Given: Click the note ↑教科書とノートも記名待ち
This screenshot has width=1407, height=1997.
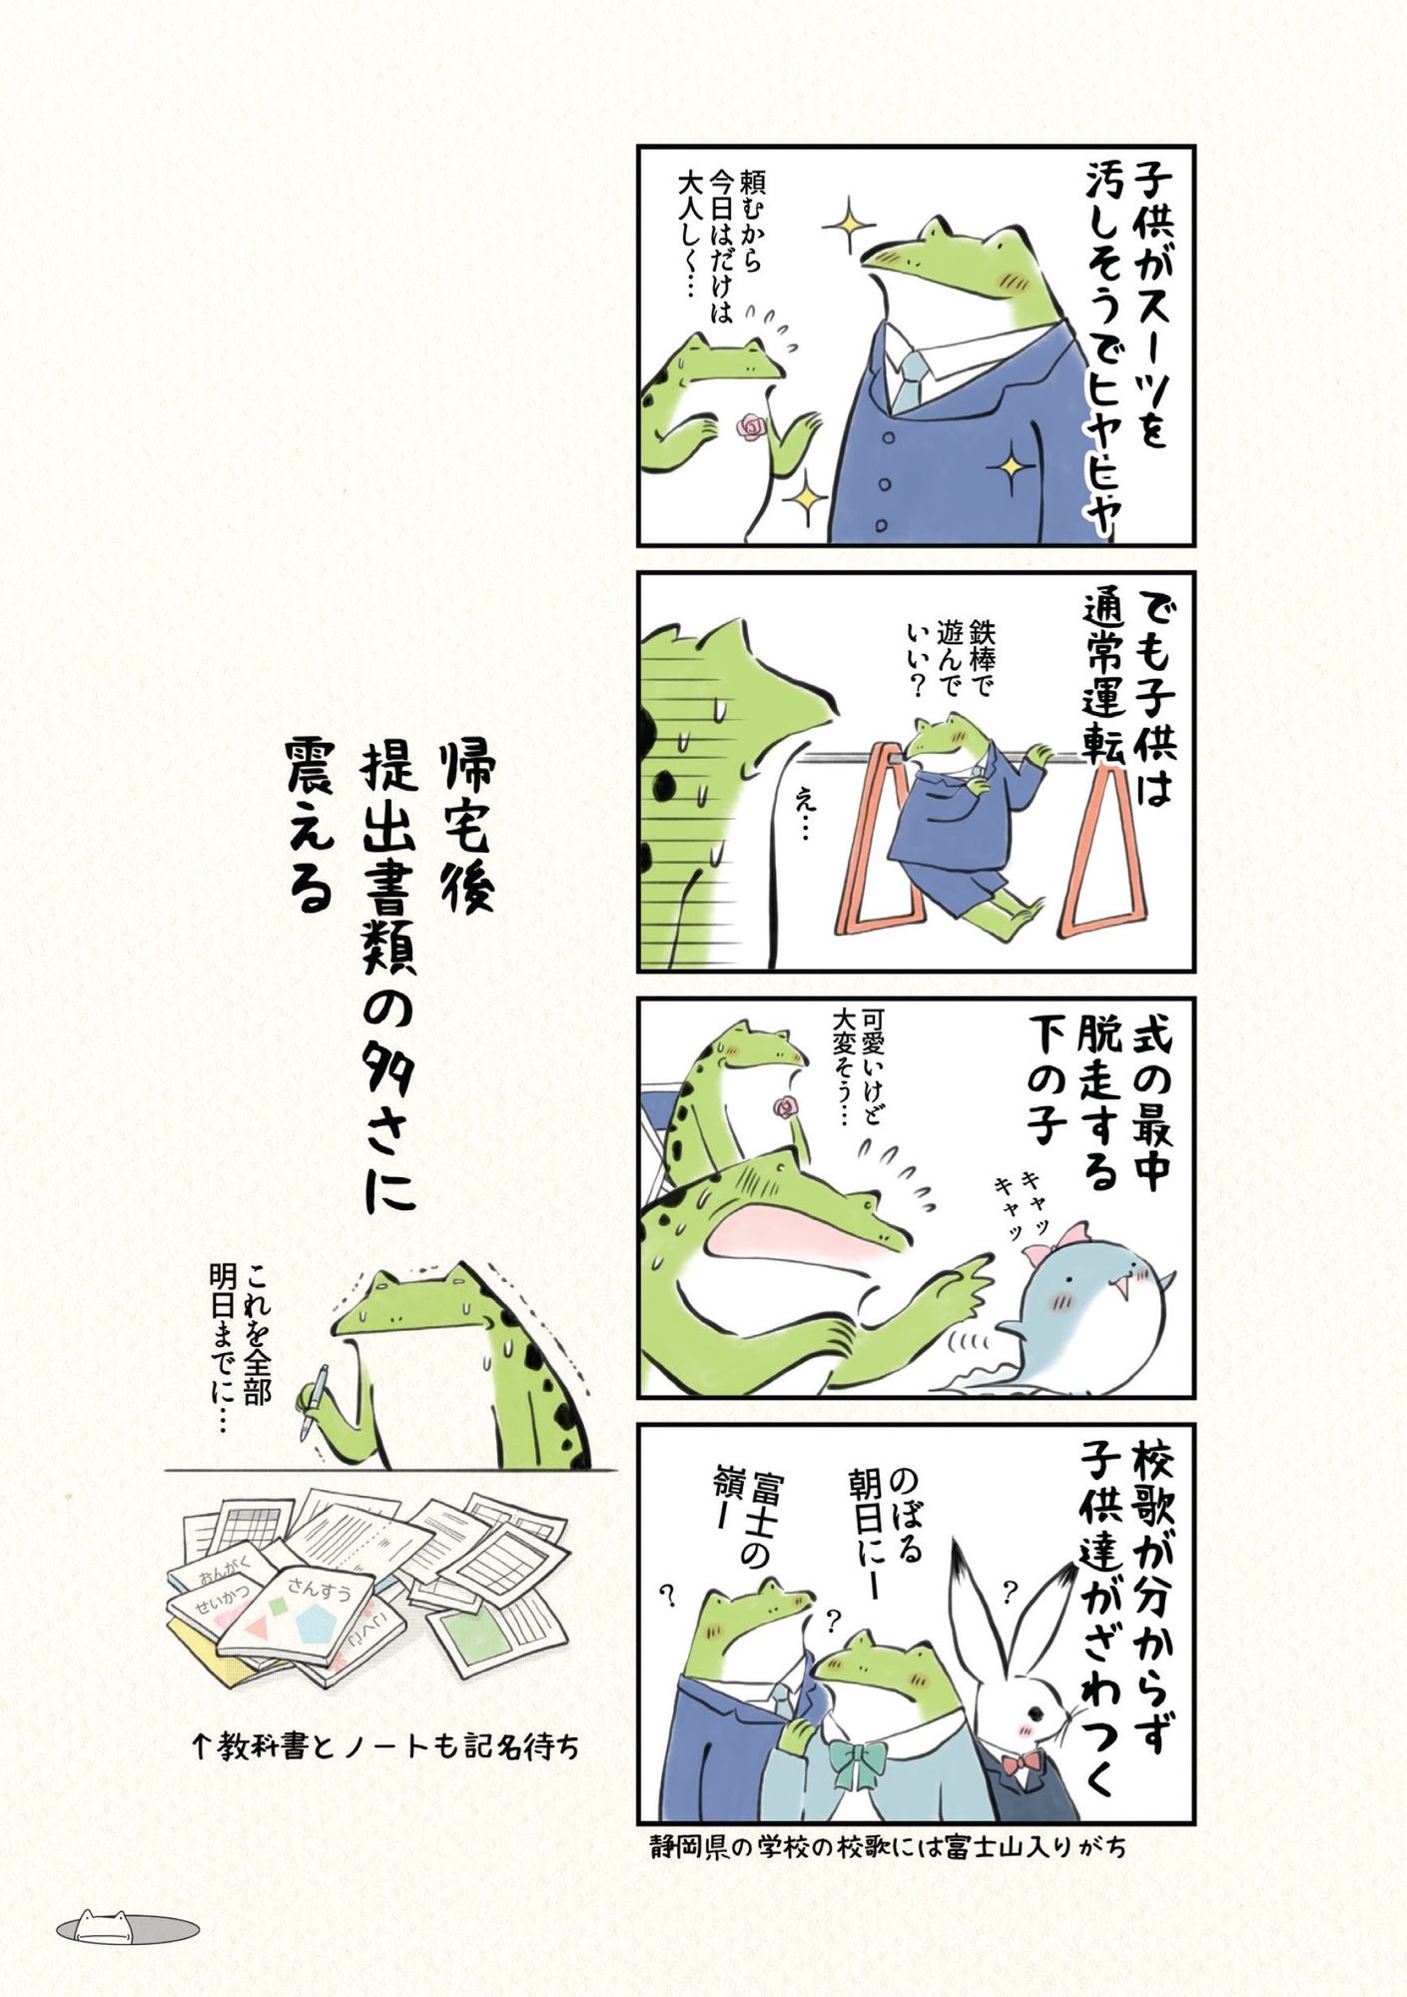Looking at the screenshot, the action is point(385,1747).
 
